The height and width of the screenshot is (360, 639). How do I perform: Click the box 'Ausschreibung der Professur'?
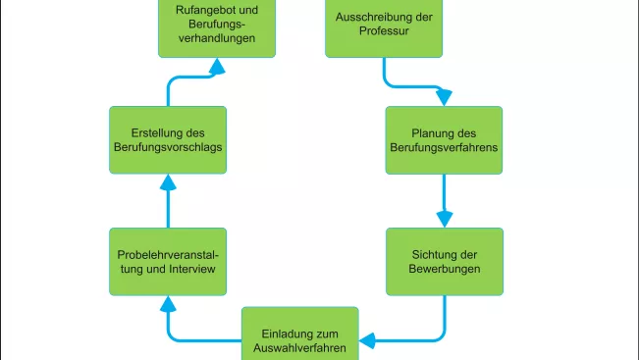(x=384, y=26)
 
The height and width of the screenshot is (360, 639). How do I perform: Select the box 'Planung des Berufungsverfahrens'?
(x=444, y=139)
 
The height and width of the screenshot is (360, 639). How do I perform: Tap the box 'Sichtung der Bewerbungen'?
(x=444, y=261)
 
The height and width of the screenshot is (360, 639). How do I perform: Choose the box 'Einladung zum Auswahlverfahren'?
(x=300, y=335)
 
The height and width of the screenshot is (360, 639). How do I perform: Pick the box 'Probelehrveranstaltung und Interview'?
(x=167, y=261)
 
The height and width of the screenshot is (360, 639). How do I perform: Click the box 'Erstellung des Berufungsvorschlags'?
(x=167, y=139)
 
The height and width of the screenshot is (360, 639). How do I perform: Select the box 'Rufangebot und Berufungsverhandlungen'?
(x=217, y=27)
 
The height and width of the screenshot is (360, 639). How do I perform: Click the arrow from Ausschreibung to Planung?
(x=402, y=84)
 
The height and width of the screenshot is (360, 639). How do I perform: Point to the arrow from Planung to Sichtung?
(x=445, y=200)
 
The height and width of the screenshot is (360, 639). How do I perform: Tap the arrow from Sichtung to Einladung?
(x=422, y=339)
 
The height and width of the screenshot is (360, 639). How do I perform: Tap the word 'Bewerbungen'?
(x=445, y=269)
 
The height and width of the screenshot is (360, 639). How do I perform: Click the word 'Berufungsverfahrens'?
(x=445, y=147)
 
